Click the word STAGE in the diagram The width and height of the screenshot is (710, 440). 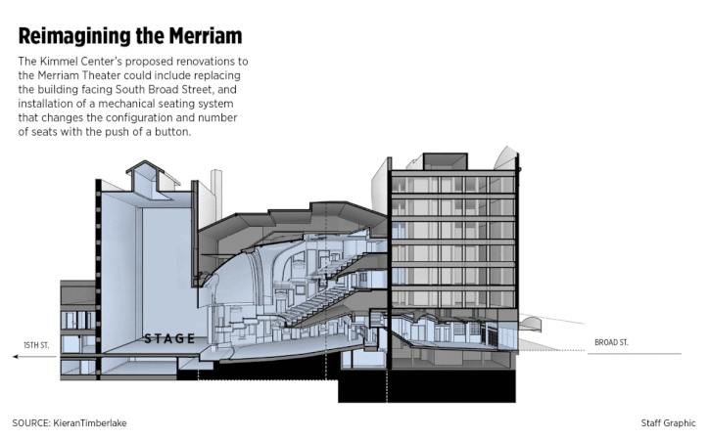[x=169, y=339]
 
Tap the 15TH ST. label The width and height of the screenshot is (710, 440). [x=36, y=345]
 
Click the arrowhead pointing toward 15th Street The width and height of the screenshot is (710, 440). [x=17, y=357]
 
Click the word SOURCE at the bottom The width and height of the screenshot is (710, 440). [x=32, y=422]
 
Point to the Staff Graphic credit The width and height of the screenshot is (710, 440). [x=668, y=422]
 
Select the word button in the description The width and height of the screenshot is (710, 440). [x=167, y=132]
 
